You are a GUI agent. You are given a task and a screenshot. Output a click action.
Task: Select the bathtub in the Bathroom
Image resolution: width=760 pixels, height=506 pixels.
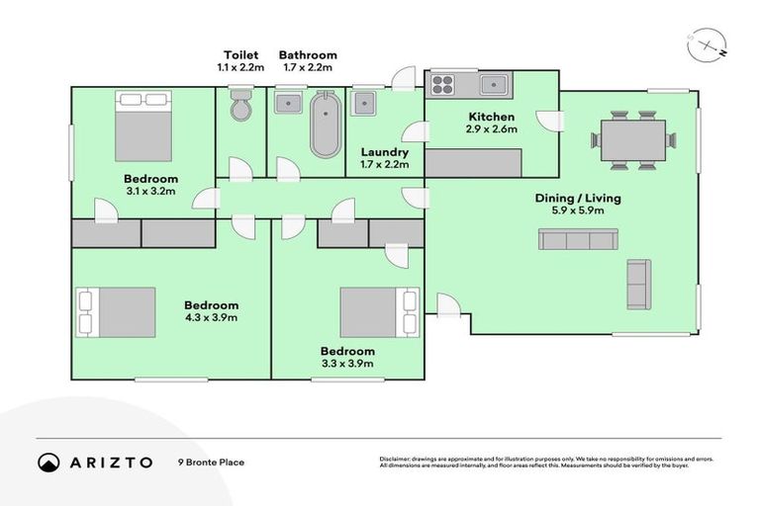324,125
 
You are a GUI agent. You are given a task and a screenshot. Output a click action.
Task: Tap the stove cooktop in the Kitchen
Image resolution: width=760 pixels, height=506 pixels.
441,83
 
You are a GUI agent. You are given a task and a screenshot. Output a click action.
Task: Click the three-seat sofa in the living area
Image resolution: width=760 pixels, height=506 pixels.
578,239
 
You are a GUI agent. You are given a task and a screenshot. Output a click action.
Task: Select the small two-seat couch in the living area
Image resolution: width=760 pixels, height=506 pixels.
639,285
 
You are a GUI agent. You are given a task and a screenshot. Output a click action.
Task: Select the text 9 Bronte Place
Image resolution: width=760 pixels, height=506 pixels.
211,463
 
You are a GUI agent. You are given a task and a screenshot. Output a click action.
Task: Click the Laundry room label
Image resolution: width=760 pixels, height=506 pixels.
385,153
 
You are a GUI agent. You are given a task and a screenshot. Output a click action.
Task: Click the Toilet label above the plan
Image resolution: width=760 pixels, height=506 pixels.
240,55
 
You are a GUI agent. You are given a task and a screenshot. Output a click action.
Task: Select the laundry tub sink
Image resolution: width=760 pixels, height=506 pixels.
364,102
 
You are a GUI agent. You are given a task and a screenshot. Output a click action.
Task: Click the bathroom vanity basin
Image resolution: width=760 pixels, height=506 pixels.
288,102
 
